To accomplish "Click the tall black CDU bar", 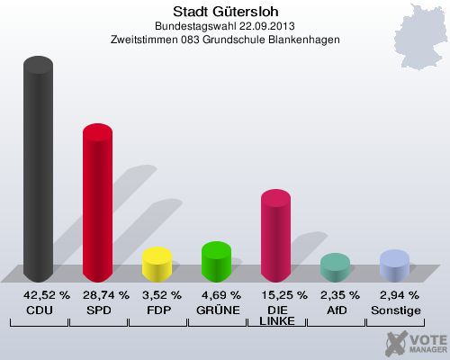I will click(38, 171).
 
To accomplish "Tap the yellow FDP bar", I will click(157, 265).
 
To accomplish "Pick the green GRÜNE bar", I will click(216, 262).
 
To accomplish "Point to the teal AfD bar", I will click(335, 267).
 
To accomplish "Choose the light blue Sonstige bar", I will click(394, 266).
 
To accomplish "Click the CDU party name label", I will click(39, 310).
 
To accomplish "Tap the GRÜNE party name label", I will click(217, 310).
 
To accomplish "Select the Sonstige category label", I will click(395, 310).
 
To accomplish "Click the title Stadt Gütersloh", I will click(225, 12).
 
